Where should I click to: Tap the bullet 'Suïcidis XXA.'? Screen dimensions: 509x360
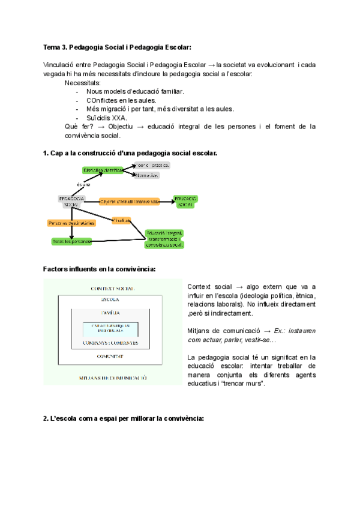pyautogui.click(x=107, y=118)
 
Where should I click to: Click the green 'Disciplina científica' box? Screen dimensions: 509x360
pyautogui.click(x=103, y=170)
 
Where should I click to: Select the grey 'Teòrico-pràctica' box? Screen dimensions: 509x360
pyautogui.click(x=151, y=164)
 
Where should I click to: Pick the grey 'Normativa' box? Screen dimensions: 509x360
pyautogui.click(x=147, y=176)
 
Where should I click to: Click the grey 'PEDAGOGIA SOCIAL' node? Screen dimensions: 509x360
pyautogui.click(x=71, y=202)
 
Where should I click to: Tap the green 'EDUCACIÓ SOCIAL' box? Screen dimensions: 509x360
pyautogui.click(x=186, y=201)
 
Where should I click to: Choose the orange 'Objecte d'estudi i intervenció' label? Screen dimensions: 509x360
pyautogui.click(x=130, y=202)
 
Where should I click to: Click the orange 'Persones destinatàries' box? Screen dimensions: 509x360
pyautogui.click(x=71, y=223)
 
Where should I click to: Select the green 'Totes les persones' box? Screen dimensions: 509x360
pyautogui.click(x=71, y=241)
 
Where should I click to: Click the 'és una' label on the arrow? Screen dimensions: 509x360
pyautogui.click(x=84, y=184)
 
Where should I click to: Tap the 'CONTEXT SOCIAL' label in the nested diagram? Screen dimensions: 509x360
pyautogui.click(x=112, y=289)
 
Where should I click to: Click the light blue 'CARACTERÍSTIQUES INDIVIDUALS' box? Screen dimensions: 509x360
pyautogui.click(x=110, y=328)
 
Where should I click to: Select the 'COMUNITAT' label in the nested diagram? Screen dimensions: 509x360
pyautogui.click(x=112, y=356)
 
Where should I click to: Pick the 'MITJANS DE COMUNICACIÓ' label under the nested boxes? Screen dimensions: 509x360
pyautogui.click(x=112, y=378)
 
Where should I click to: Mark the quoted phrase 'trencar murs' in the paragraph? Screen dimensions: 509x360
pyautogui.click(x=244, y=384)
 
